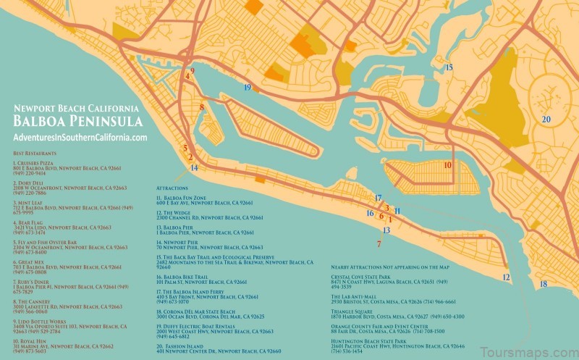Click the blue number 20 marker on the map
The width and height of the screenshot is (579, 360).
point(546,120)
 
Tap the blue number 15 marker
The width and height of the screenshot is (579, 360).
point(449,67)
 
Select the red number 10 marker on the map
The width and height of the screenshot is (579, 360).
point(447,165)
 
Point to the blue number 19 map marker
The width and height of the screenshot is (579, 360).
point(248,88)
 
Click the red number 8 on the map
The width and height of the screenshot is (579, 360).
point(202,108)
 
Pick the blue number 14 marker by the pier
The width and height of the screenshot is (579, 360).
point(193,168)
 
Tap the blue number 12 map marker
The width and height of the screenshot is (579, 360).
point(506,277)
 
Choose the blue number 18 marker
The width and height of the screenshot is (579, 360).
point(543,284)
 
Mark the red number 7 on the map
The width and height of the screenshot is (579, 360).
point(379,244)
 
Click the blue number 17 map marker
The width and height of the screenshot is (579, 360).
point(377,198)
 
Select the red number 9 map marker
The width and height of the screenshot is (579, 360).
point(192,70)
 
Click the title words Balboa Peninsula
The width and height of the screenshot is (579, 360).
point(76,121)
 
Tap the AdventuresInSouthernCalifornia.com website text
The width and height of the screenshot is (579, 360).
point(80,138)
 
